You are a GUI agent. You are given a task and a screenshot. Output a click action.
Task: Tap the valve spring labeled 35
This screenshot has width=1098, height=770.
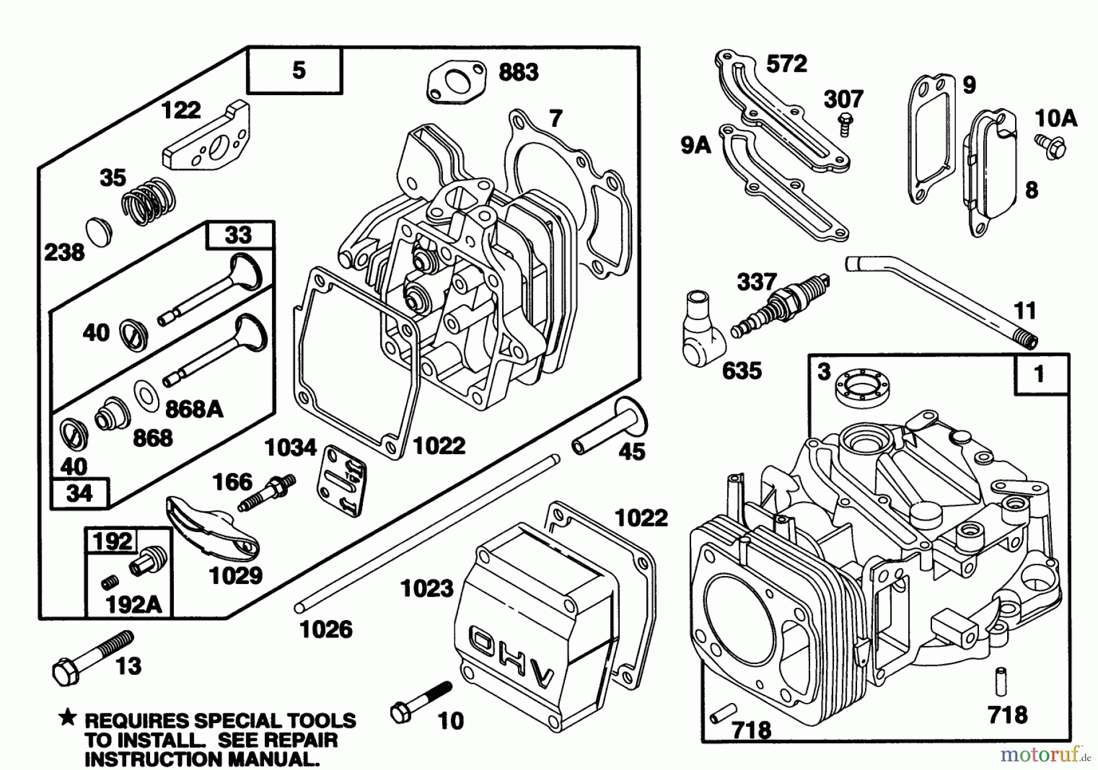(x=148, y=201)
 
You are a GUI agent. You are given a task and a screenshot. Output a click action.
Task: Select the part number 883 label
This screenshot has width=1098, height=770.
(x=518, y=73)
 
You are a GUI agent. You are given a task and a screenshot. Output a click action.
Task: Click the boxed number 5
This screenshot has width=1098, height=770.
(x=298, y=70)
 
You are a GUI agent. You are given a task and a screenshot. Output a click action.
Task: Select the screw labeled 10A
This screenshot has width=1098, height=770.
(x=1050, y=146)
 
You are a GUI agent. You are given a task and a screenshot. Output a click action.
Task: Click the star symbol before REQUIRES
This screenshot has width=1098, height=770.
(x=68, y=719)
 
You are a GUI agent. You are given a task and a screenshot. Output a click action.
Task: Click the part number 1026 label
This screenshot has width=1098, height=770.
(x=326, y=629)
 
